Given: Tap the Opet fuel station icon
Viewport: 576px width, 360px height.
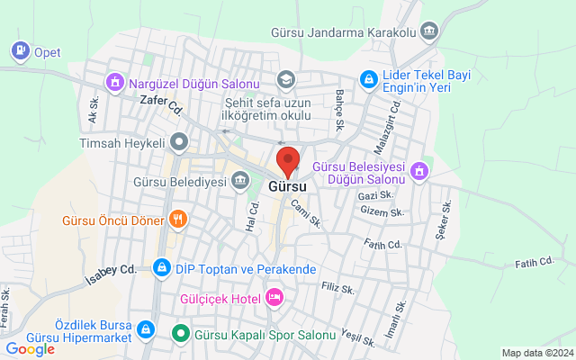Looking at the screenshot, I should [20, 51].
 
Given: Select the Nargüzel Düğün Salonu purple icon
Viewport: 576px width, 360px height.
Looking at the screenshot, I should [114, 84].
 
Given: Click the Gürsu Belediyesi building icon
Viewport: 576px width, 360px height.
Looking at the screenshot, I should [241, 182].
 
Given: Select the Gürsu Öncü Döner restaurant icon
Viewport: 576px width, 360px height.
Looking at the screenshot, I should [178, 220].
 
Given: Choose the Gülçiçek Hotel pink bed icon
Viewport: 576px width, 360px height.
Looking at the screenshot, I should [274, 297].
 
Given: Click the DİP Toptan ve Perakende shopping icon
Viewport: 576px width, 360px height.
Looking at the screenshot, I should [161, 268].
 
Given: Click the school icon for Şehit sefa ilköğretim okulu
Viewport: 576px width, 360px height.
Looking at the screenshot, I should [286, 80].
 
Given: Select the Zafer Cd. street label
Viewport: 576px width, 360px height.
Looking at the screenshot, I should [162, 104].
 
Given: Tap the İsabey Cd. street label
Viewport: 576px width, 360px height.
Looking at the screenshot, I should [109, 270].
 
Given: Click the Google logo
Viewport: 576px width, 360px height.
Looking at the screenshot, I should [30, 349].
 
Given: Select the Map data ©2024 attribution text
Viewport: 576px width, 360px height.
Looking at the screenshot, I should [536, 353].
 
